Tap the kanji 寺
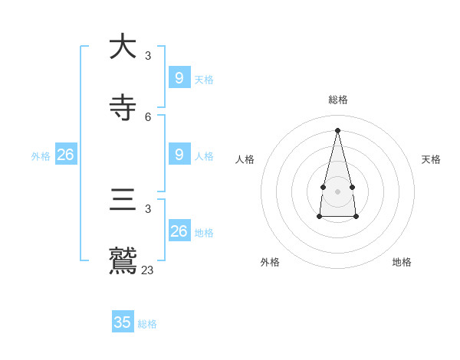tap(123, 108)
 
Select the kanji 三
tap(123, 201)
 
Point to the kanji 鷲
tap(123, 260)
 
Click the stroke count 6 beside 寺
tap(148, 117)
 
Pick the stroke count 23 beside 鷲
tap(147, 270)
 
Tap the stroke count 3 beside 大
tap(148, 56)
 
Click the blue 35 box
tap(123, 322)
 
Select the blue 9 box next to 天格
tap(179, 77)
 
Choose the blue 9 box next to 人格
tap(179, 154)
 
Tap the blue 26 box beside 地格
tap(179, 231)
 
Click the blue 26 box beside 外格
tap(66, 154)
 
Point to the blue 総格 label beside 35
tap(147, 324)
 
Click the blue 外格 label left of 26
tap(41, 156)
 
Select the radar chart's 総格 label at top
tap(338, 100)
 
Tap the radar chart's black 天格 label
tap(432, 159)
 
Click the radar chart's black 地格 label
tap(402, 262)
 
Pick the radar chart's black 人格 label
tap(245, 159)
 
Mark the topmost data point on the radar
tap(337, 130)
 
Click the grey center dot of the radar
tap(337, 191)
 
